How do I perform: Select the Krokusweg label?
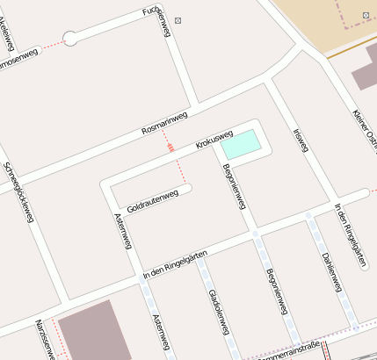pos(214,140)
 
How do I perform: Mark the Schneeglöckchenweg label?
pos(18,191)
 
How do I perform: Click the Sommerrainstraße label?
pos(291,349)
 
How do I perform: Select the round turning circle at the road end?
pos(70,38)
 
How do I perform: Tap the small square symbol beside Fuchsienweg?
pos(178,18)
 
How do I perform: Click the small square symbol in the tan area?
pos(365,15)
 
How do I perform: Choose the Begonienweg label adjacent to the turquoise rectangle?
pos(235,187)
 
